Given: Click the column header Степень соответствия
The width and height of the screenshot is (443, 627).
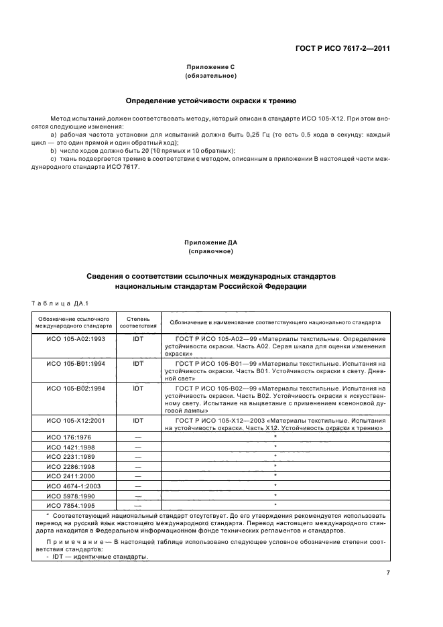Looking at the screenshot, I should [138, 322].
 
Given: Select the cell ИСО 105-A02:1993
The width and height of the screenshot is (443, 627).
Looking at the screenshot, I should [74, 340].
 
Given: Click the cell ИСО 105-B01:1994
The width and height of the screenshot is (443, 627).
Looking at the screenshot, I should [74, 363].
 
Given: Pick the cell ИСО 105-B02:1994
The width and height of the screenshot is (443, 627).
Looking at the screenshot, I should [74, 387].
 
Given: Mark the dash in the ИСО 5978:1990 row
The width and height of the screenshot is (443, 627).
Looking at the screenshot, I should [138, 495].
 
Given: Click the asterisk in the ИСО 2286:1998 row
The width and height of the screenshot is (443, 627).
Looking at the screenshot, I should [275, 466].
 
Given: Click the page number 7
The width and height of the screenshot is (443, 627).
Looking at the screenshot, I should [388, 572].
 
